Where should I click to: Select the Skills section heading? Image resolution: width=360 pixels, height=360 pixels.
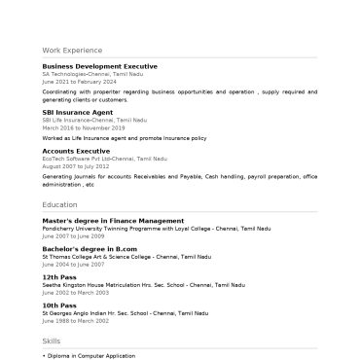(52, 342)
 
